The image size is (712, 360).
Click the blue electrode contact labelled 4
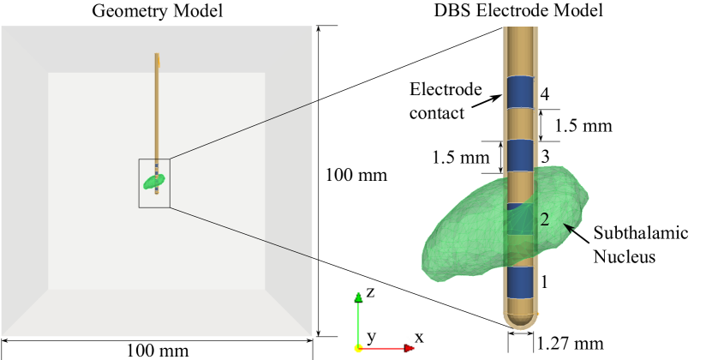tap(519, 92)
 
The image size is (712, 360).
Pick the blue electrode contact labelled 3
tap(519, 156)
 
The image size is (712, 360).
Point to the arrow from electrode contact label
tap(486, 99)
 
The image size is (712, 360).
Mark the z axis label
tap(370, 292)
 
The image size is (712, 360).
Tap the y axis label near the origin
tap(371, 336)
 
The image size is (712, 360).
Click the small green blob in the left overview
tap(154, 182)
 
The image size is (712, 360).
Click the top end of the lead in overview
tap(157, 57)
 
